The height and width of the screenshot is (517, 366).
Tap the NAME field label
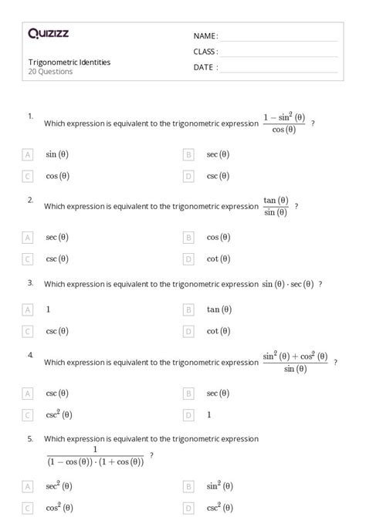click(x=205, y=36)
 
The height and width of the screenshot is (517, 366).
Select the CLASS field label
click(x=205, y=52)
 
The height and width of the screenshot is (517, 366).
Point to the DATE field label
click(x=205, y=67)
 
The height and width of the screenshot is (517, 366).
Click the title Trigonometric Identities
click(x=69, y=62)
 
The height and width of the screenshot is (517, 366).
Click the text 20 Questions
click(x=50, y=72)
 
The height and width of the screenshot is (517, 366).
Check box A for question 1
click(x=28, y=154)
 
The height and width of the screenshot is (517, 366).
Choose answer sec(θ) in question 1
click(x=218, y=154)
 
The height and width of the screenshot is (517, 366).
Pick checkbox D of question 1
click(x=188, y=176)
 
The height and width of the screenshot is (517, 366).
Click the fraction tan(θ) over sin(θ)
click(x=276, y=206)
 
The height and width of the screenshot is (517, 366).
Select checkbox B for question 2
click(x=188, y=238)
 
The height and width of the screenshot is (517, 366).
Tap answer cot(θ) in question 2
click(x=218, y=259)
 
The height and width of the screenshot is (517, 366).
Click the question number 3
click(x=30, y=282)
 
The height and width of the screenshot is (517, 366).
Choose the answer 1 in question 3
click(x=49, y=309)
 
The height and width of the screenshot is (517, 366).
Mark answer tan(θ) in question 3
click(x=219, y=309)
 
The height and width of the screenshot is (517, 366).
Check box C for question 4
click(x=28, y=415)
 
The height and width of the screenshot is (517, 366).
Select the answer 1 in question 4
click(x=208, y=415)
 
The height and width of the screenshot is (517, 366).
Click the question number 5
click(x=30, y=438)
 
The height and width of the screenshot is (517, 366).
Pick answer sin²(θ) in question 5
click(x=219, y=486)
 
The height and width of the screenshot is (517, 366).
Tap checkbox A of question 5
click(x=28, y=487)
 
